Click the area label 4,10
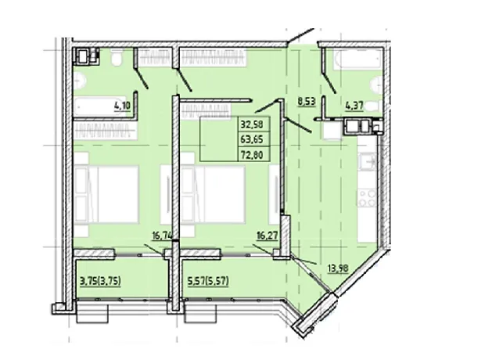pyautogui.click(x=123, y=106)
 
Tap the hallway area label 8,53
pyautogui.click(x=307, y=102)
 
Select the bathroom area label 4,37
pyautogui.click(x=354, y=106)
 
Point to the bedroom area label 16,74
pyautogui.click(x=162, y=236)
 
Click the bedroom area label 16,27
pyautogui.click(x=268, y=236)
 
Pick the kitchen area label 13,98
pyautogui.click(x=338, y=268)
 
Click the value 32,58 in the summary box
pyautogui.click(x=252, y=124)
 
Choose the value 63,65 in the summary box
pyautogui.click(x=252, y=139)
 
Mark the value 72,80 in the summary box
pyautogui.click(x=252, y=154)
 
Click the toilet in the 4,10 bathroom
pyautogui.click(x=117, y=57)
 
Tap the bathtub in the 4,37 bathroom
pyautogui.click(x=357, y=59)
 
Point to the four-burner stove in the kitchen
pyautogui.click(x=367, y=198)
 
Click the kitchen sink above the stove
pyautogui.click(x=367, y=162)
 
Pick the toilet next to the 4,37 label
pyautogui.click(x=372, y=106)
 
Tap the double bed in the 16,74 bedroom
pyautogui.click(x=106, y=194)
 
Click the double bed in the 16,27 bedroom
pyautogui.click(x=214, y=194)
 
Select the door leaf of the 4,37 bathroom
pyautogui.click(x=329, y=82)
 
